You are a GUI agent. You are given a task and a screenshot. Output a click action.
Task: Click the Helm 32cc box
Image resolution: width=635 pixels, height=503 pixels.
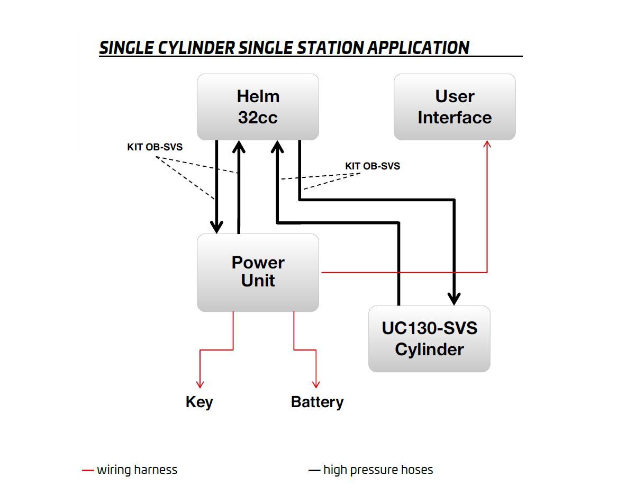point(258,107)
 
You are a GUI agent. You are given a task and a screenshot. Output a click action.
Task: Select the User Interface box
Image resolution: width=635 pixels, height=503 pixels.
point(455,107)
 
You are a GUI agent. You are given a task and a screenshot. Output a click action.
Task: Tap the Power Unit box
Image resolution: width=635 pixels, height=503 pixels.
point(258,272)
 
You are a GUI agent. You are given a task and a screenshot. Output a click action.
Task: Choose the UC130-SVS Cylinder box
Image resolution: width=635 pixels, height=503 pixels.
point(429,338)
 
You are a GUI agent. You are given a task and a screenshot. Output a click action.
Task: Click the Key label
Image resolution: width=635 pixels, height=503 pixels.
point(199,402)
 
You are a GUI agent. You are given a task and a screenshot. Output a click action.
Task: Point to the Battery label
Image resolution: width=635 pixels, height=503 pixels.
point(317,402)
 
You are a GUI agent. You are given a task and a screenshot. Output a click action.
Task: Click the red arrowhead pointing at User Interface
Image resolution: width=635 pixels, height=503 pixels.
point(487,144)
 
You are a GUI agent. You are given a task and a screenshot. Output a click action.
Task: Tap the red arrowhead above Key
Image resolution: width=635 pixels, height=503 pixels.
point(200,384)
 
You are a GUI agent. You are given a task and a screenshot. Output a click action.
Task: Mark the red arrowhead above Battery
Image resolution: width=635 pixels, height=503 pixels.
point(316,384)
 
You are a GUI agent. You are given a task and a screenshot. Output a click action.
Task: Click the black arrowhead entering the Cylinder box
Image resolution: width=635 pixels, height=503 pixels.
point(454,299)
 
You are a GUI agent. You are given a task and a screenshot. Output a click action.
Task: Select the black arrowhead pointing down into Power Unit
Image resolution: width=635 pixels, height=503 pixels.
point(216,227)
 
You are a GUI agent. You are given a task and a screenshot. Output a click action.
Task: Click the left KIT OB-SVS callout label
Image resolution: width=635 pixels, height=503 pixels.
point(155,147)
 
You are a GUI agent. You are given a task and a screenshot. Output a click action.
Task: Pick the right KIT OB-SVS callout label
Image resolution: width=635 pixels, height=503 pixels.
point(373,166)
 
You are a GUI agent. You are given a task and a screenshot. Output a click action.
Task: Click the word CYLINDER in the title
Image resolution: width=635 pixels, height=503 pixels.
point(196,48)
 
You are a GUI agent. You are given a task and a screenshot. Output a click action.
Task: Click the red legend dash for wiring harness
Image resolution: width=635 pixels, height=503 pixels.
point(88,470)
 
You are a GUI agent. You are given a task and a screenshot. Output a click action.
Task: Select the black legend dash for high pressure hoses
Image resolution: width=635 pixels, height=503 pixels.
point(314,470)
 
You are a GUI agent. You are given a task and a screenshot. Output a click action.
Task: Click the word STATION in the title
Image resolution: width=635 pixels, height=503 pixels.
point(331,48)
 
